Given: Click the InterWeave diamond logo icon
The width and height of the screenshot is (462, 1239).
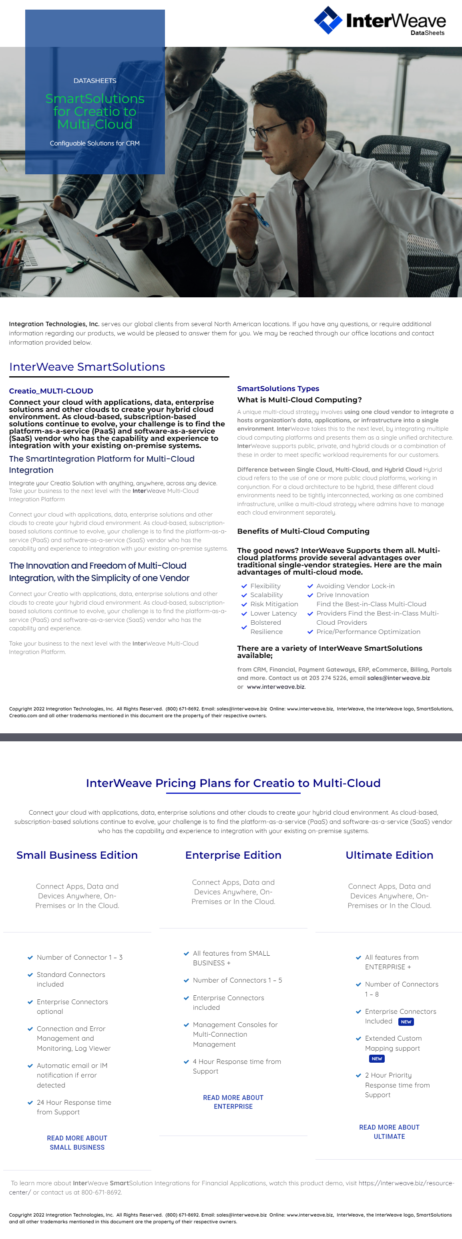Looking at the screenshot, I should click(x=328, y=20).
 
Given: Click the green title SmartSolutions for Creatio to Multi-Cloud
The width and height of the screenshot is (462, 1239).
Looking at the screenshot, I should click(x=95, y=111).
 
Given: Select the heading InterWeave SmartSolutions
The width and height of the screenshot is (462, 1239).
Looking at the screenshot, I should click(x=87, y=367).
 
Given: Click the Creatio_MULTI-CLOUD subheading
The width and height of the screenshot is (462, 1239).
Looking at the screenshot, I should click(x=51, y=391).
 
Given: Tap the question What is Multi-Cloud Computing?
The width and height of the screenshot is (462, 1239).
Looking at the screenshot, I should click(x=299, y=400).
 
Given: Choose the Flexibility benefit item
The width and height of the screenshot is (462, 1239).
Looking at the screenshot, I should click(x=265, y=586).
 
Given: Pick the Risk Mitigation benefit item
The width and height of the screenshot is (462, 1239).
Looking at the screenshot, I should click(x=274, y=604).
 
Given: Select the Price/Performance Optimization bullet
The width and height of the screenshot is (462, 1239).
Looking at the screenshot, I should click(x=368, y=632).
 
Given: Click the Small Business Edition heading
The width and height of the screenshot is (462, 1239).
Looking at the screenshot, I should click(x=77, y=855).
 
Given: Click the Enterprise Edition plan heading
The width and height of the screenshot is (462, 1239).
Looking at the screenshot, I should click(x=233, y=855).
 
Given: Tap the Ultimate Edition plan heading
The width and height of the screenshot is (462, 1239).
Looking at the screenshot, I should click(x=389, y=855).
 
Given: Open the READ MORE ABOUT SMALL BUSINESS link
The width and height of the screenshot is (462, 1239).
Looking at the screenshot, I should click(x=77, y=1143).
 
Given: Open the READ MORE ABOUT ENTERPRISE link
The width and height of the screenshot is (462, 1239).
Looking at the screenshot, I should click(x=233, y=1102).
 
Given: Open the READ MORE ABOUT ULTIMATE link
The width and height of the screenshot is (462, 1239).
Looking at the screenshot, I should click(x=389, y=1132).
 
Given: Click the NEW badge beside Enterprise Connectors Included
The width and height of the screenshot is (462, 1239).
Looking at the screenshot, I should click(x=406, y=1021).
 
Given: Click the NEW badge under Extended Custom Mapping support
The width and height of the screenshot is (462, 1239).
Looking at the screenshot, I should click(x=376, y=1059).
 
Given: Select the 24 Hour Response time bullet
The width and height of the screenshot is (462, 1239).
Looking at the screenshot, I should click(x=74, y=1107).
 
